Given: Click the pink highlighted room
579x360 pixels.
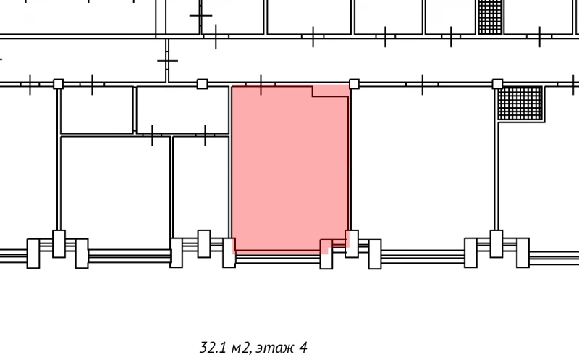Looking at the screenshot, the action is (290, 168).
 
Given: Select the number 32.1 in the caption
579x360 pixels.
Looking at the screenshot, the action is (213, 348).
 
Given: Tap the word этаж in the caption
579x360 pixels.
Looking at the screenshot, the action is (275, 348).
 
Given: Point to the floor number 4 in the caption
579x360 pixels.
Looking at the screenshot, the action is (303, 347).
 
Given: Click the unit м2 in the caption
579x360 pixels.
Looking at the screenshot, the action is (242, 348).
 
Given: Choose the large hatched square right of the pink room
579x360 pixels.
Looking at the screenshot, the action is (520, 104).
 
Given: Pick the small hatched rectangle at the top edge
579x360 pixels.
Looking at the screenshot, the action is (491, 17).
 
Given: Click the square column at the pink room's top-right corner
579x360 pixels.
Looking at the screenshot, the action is (354, 84).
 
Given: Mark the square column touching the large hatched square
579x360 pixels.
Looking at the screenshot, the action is (497, 84).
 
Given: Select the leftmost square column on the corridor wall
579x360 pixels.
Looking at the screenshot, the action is (59, 84).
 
